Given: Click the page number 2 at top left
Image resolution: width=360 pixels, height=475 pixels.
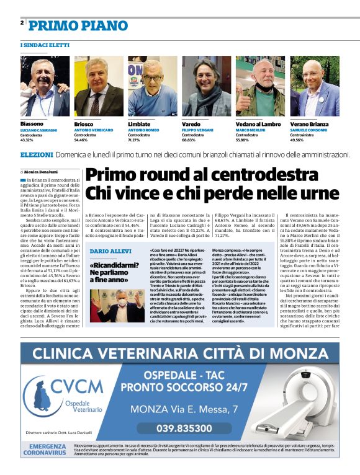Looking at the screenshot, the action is [22, 23].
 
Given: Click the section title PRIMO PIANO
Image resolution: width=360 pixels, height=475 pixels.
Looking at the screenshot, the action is [78, 25].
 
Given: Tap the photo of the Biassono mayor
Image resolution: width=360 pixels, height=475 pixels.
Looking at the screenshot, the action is [44, 87].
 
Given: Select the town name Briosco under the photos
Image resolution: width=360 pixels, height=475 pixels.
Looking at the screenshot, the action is [84, 124].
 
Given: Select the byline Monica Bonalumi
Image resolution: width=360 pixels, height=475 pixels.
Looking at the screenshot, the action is [40, 172].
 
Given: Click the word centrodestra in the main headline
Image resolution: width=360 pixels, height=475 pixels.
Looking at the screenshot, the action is [259, 175].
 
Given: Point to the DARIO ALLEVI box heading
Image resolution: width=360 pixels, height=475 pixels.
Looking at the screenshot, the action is [110, 251].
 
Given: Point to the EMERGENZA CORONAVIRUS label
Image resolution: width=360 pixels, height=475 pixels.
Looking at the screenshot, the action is [47, 450].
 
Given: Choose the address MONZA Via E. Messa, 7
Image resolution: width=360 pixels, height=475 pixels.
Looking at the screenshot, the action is [185, 409].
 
